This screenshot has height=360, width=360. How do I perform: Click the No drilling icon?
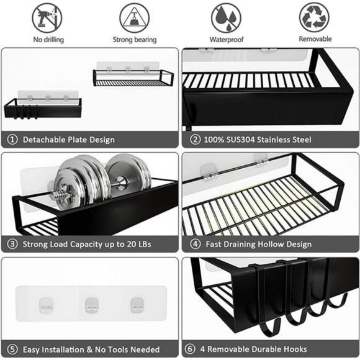point(48,17)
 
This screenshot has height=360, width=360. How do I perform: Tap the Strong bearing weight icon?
point(135,17)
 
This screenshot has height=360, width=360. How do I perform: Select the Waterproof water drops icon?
point(226,17)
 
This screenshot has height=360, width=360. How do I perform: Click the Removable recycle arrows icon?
point(315,17)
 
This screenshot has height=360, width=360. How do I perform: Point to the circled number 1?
point(12,140)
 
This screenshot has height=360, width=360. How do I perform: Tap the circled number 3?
point(12,244)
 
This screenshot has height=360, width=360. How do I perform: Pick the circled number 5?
point(12,349)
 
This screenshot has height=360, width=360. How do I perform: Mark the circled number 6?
point(192,349)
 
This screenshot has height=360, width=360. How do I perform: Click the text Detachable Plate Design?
point(68,140)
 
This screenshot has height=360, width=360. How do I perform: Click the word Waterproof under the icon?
point(227,39)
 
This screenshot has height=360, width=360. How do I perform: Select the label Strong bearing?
point(135,39)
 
